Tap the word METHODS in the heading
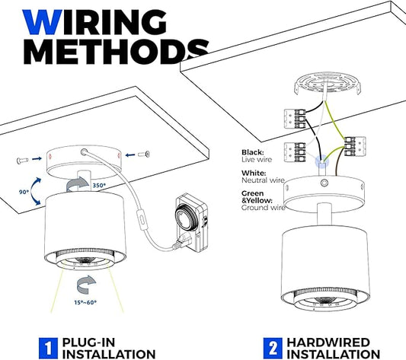(117, 52)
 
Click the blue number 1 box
(48, 349)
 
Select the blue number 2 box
(273, 349)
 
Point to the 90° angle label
(24, 192)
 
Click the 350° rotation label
(99, 185)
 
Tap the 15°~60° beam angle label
(85, 302)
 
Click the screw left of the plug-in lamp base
(23, 161)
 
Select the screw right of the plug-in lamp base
(145, 155)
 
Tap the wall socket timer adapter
(192, 224)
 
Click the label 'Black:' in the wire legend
(253, 152)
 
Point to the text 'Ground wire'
(264, 208)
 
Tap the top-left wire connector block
(295, 119)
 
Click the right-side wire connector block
(355, 146)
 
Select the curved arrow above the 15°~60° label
(86, 285)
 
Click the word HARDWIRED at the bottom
(328, 342)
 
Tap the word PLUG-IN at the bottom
(88, 342)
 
